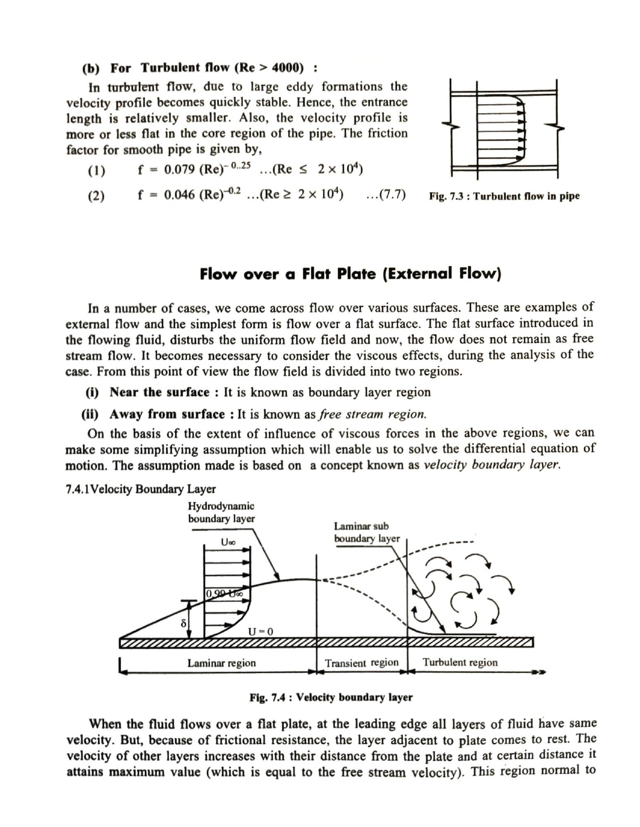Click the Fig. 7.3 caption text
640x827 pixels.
[504, 196]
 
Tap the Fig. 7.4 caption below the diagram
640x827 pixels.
[331, 698]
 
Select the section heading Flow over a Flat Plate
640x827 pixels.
[350, 274]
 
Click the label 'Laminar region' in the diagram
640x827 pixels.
[222, 663]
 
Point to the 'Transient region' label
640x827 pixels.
[362, 663]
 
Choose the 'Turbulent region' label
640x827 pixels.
[460, 662]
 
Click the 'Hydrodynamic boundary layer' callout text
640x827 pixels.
[221, 512]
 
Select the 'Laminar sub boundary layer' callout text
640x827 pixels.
[367, 533]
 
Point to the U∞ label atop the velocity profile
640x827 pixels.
[228, 542]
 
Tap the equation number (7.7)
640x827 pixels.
[386, 194]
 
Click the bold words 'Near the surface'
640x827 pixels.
[160, 392]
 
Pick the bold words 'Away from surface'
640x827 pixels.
[167, 414]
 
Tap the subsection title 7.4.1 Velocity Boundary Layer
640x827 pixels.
[141, 489]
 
